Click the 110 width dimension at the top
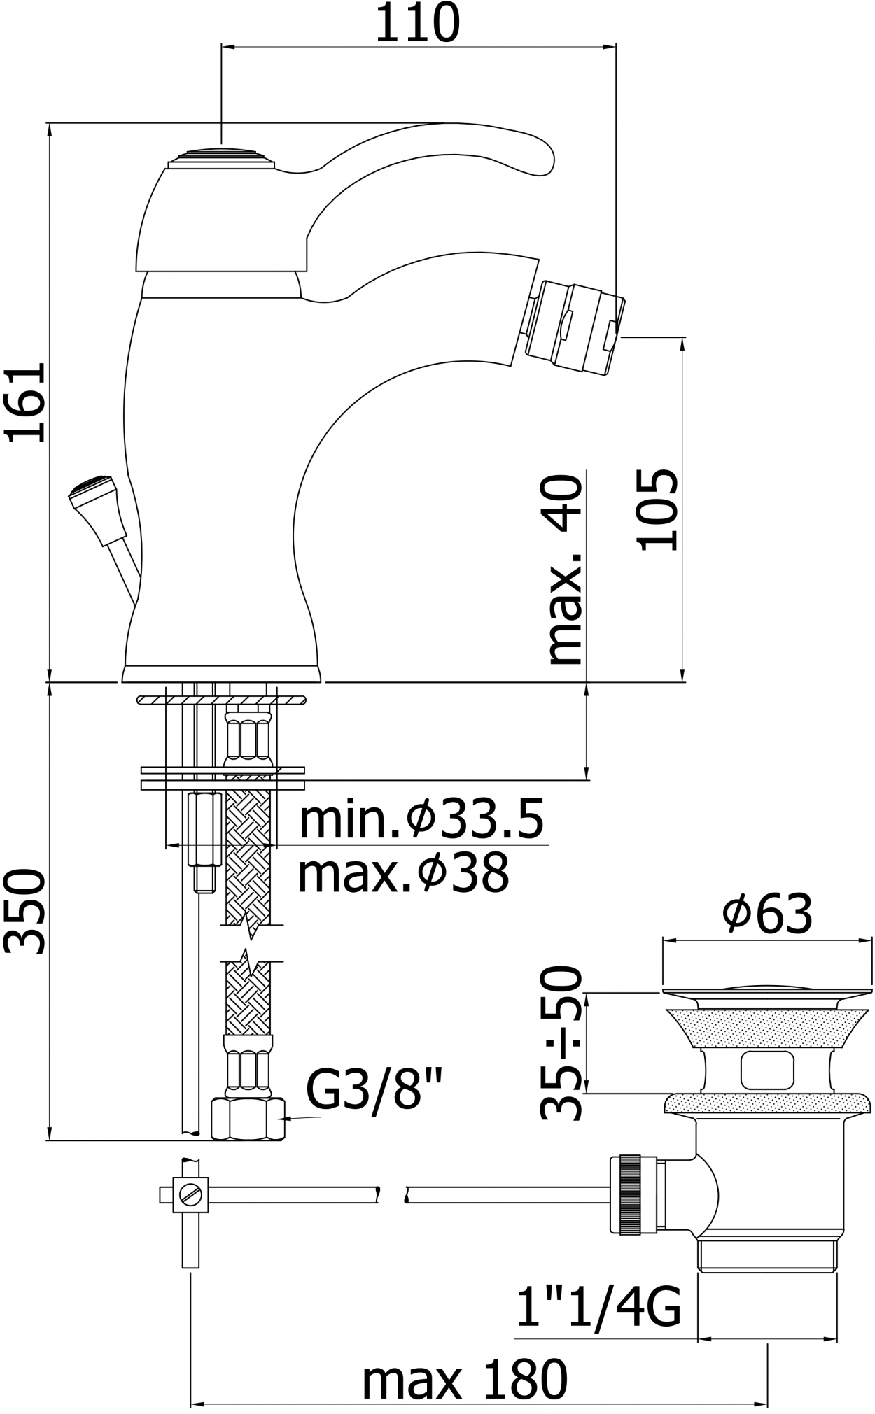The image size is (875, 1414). [418, 24]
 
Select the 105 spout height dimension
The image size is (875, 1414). [657, 509]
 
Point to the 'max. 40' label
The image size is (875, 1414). [566, 570]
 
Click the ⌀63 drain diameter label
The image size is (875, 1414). [768, 912]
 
